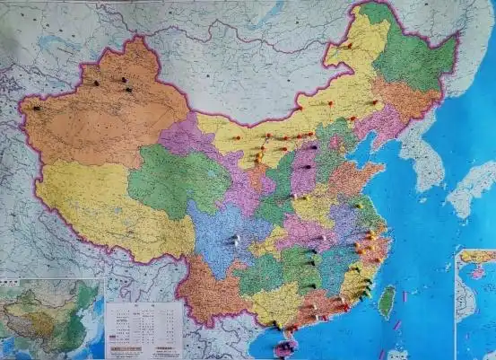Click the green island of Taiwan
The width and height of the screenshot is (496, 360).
[x=387, y=302]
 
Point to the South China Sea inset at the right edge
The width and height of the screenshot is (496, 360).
[x=475, y=305]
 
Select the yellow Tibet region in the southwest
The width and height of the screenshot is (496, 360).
[x=108, y=206]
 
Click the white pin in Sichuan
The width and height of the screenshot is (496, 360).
[x=234, y=240]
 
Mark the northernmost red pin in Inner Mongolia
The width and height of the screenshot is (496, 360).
[x=349, y=46]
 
